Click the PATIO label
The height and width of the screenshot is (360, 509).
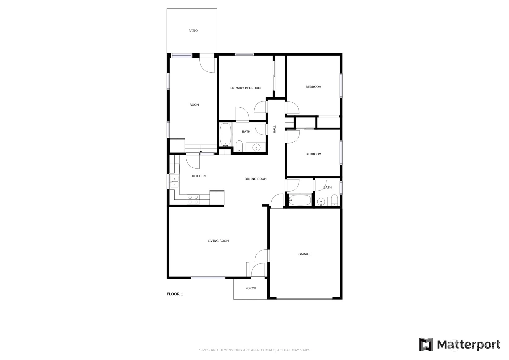pos(193,31)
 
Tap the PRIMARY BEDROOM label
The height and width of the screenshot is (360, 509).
pos(245,88)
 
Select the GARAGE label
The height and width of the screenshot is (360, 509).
pos(305,254)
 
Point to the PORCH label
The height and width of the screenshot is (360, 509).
pos(251,288)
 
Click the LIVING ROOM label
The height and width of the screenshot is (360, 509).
pos(218,241)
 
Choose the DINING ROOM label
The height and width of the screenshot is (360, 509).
pos(255,179)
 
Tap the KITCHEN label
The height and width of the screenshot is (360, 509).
pos(199,176)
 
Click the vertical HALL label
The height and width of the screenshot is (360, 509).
pos(274,129)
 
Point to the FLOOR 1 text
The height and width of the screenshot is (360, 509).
pos(175,294)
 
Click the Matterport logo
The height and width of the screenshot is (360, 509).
pos(460,345)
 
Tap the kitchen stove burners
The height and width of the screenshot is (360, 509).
pos(193,199)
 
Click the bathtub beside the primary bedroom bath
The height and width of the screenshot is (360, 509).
pos(225,135)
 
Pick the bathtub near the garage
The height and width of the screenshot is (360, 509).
pos(300,200)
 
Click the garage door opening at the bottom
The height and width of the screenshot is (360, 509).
pos(304,298)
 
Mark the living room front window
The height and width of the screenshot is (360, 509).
pos(208,278)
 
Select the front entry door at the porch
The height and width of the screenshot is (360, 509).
pos(258,270)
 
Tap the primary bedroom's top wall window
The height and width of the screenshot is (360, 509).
pos(244,54)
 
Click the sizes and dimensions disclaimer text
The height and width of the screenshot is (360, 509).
pos(255,350)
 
